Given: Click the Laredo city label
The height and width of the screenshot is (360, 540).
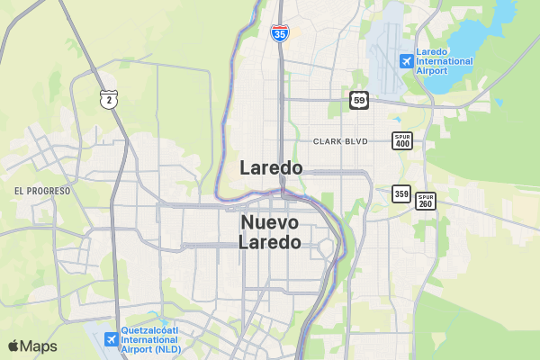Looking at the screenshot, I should tap(271, 168).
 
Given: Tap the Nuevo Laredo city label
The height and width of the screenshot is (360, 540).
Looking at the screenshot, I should tap(271, 232).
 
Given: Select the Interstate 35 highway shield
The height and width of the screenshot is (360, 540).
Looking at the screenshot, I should tap(279, 33).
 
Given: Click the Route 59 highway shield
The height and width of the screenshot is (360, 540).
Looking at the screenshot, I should tap(359, 99).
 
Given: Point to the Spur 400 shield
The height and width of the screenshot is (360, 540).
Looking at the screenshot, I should tap(401, 140).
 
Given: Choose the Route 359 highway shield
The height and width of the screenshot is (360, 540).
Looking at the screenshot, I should tap(401, 193).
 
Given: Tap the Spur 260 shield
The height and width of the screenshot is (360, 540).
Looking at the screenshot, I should tap(426, 201).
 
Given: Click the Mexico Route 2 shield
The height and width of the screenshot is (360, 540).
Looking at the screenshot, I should tap(108, 98).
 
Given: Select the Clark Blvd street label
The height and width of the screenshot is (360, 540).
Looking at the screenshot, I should tap(341, 141).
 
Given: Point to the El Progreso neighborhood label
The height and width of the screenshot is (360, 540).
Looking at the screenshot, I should tap(42, 191).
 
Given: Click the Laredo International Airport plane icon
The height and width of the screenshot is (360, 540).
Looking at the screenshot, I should tap(406, 61).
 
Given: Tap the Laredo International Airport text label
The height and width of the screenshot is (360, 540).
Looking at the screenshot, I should tap(444, 61).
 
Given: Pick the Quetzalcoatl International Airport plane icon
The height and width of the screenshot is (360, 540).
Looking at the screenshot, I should tap(111, 339).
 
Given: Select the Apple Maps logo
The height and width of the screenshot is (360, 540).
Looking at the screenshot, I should tap(32, 346).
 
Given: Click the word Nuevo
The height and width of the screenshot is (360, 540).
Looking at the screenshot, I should tap(271, 222).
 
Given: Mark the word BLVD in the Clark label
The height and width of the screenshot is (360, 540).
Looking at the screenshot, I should tap(357, 141).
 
